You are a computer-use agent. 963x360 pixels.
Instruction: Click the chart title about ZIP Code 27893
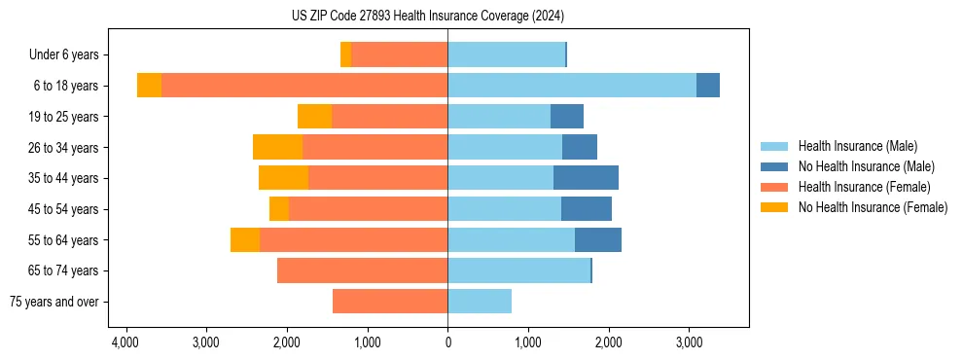(427, 17)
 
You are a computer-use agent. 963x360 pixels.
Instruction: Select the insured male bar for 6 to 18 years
(572, 86)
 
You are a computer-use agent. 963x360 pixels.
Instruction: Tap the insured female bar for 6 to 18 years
(304, 86)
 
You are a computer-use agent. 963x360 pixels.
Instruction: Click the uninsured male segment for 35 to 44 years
(586, 178)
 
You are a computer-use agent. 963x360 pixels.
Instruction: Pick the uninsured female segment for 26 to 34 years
(277, 147)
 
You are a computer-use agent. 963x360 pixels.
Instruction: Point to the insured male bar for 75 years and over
(480, 302)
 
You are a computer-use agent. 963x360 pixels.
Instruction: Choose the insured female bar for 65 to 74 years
(362, 270)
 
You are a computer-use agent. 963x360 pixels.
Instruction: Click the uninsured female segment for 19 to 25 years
(314, 117)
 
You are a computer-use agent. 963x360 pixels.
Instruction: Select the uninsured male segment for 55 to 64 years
(598, 239)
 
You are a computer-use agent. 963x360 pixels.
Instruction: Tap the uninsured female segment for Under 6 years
(345, 54)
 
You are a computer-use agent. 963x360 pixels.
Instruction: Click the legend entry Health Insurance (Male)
(857, 146)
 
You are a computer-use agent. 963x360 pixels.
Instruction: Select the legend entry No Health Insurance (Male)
(866, 166)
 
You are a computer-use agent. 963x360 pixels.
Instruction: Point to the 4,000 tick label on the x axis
(125, 343)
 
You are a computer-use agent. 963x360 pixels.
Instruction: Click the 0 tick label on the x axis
(447, 343)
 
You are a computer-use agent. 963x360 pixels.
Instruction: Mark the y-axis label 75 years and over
(53, 302)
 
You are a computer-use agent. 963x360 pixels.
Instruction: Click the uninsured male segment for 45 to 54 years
(587, 209)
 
